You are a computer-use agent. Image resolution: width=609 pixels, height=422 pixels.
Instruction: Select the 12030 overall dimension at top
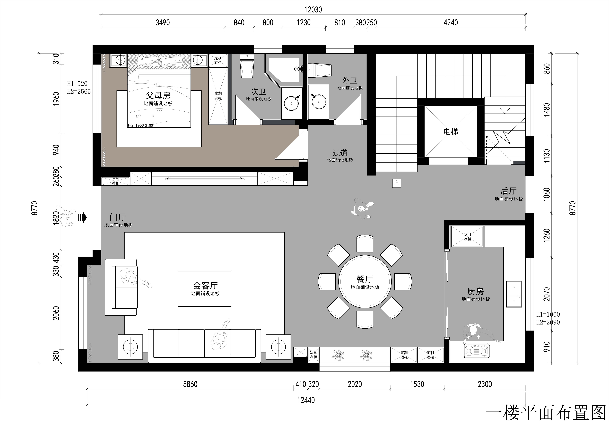tap(313, 10)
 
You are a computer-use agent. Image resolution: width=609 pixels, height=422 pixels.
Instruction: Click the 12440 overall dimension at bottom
tap(306, 400)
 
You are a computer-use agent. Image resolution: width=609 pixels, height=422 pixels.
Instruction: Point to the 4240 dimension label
tap(451, 22)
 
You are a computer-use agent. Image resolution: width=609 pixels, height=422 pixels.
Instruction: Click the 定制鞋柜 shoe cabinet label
tap(116, 181)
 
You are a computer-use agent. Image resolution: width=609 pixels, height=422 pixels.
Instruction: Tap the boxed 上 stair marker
tap(396, 183)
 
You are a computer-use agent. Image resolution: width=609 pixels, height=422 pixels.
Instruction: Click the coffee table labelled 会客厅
tap(204, 289)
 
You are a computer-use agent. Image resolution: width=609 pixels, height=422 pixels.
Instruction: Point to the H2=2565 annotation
tap(79, 91)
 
